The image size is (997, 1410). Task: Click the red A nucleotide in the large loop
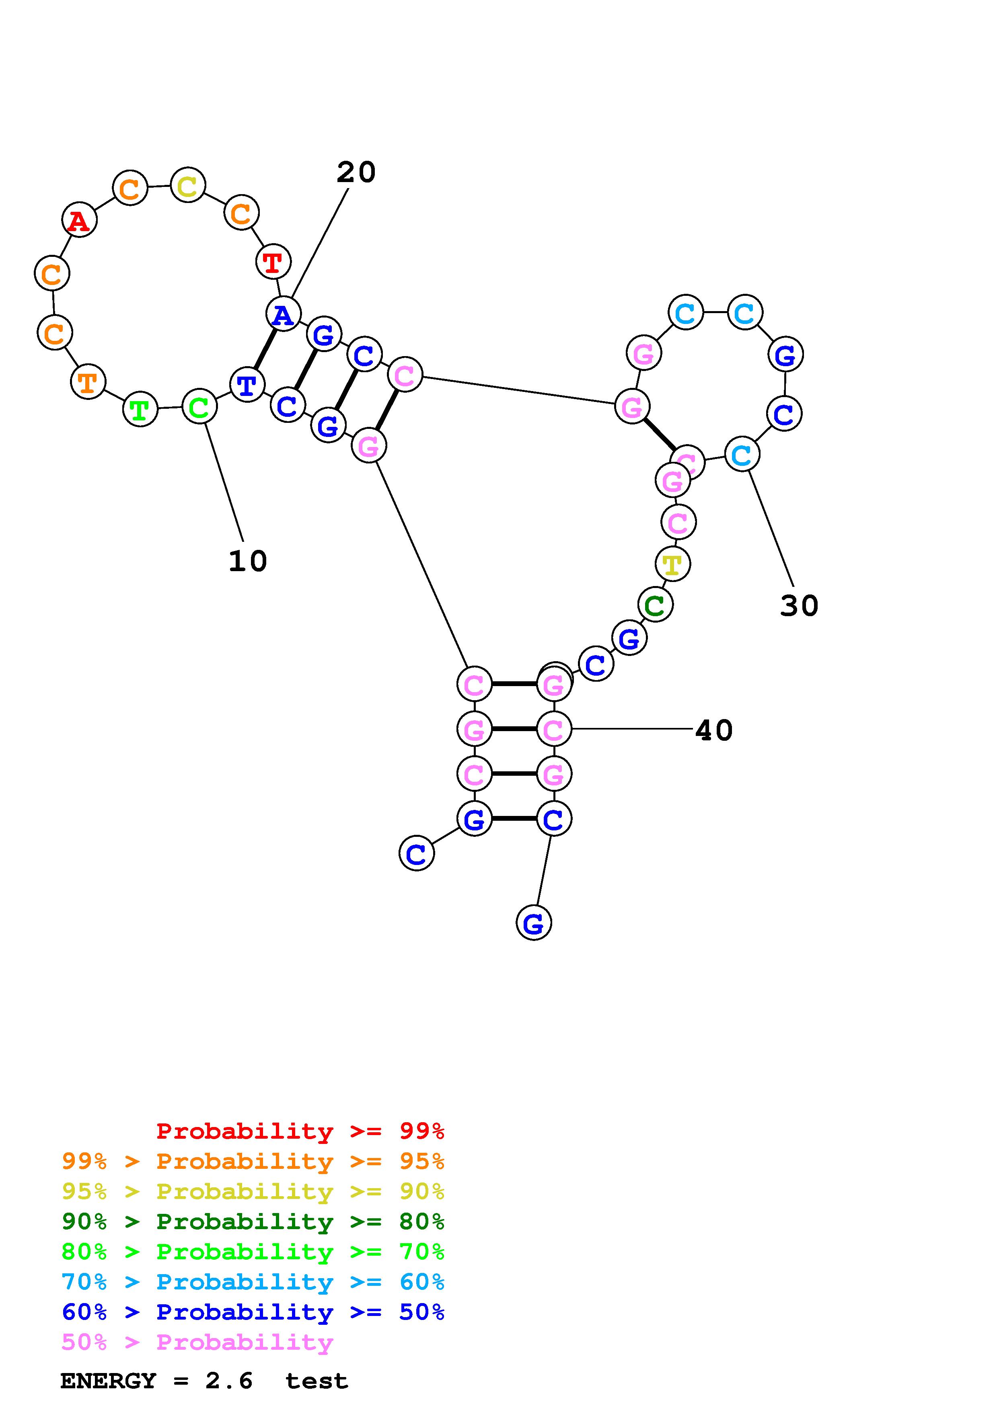[79, 220]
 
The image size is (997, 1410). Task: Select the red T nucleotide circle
[273, 262]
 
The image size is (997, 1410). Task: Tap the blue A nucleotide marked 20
[283, 314]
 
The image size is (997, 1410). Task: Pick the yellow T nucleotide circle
[673, 564]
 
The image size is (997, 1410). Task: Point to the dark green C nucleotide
[655, 605]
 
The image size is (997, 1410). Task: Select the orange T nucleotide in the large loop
[88, 382]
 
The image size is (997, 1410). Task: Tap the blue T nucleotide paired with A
[247, 385]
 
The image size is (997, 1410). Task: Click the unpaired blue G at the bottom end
[533, 923]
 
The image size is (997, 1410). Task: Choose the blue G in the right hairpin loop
[785, 355]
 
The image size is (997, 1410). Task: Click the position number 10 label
[248, 561]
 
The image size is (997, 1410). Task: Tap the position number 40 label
[714, 731]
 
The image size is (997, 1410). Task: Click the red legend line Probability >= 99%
[300, 1131]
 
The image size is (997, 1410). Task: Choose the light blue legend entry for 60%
[253, 1282]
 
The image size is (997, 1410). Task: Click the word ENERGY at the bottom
[108, 1381]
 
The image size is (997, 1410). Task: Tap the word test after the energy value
[317, 1381]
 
